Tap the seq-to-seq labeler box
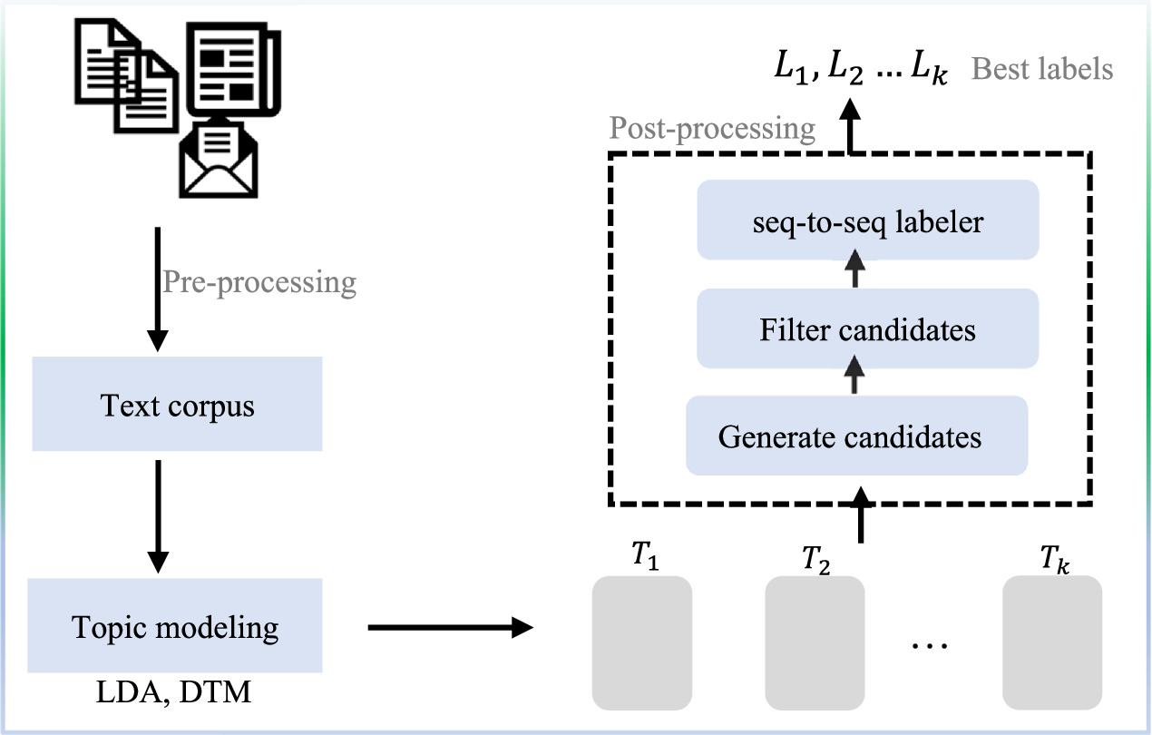click(867, 220)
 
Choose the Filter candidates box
click(867, 329)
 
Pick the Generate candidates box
click(857, 436)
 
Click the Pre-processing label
click(259, 282)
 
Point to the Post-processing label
click(712, 129)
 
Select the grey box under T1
click(641, 642)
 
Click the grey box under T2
click(815, 642)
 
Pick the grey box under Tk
click(1052, 642)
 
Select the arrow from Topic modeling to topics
click(449, 626)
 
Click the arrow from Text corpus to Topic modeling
click(158, 514)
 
